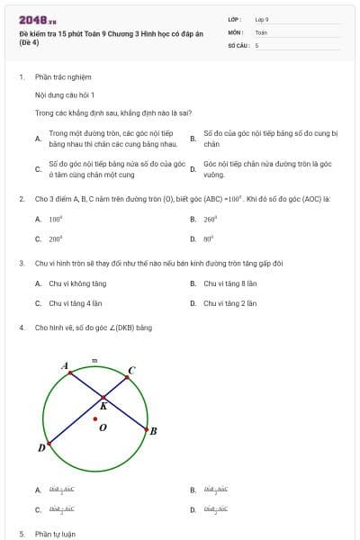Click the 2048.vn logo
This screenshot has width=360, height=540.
(x=31, y=19)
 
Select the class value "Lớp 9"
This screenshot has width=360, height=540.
(x=262, y=19)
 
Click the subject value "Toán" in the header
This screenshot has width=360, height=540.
(x=261, y=31)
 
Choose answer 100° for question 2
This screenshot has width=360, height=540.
(x=55, y=219)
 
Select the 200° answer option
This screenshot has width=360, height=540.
(x=55, y=239)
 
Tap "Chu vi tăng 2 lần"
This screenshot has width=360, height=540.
(x=229, y=303)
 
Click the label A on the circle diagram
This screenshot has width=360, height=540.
(x=65, y=365)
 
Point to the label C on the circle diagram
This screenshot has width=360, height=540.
(x=131, y=369)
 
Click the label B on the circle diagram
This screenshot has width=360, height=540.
(x=153, y=431)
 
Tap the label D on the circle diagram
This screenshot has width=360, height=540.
(x=41, y=447)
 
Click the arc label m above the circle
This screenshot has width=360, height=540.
(x=95, y=360)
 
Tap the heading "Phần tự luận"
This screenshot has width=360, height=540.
(x=56, y=534)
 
